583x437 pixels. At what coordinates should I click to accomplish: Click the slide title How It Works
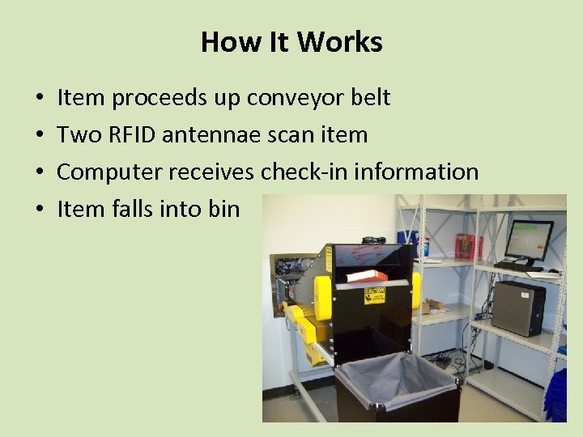(291, 41)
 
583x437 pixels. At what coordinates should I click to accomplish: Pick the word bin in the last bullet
(223, 209)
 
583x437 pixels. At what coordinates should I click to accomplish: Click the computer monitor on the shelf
(528, 240)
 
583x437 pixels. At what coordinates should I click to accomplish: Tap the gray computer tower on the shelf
(518, 308)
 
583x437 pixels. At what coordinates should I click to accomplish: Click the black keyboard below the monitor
(518, 265)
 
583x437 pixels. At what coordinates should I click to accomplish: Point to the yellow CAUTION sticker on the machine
(374, 295)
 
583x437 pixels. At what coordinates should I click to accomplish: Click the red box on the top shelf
(468, 245)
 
